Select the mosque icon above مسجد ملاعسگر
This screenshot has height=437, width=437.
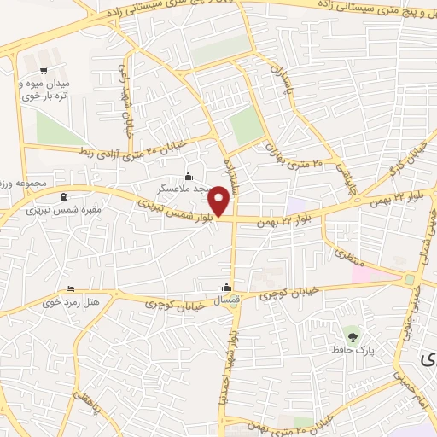click(x=188, y=176)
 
